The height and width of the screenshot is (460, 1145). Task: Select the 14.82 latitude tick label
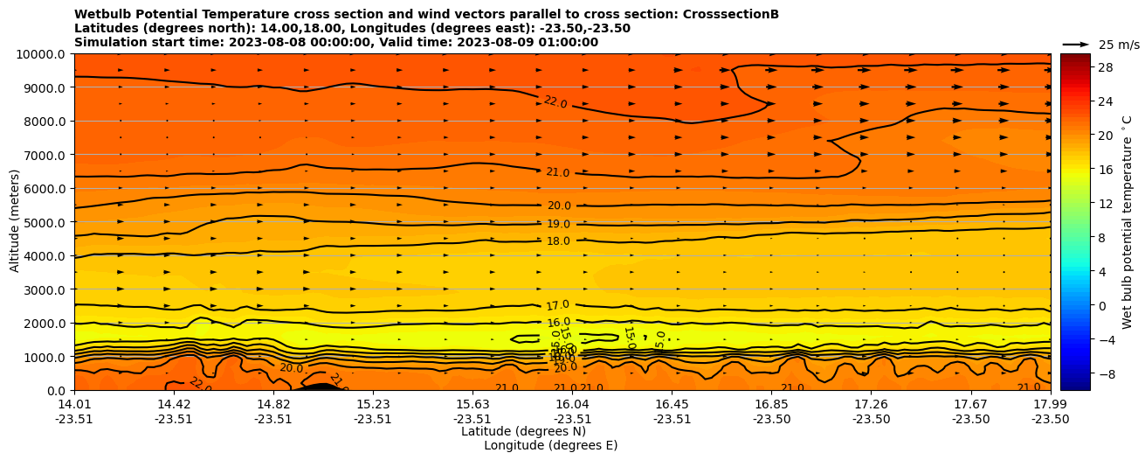(x=273, y=404)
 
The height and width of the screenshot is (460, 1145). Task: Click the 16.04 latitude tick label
(x=572, y=404)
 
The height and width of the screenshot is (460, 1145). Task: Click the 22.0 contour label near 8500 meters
(x=555, y=102)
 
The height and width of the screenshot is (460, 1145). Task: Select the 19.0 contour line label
(x=558, y=225)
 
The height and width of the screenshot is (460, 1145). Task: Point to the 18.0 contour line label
(x=558, y=241)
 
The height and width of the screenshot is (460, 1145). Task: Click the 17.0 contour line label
(x=558, y=305)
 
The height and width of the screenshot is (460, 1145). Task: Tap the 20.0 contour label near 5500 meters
(x=559, y=206)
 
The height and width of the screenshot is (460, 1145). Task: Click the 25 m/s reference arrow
(x=1076, y=45)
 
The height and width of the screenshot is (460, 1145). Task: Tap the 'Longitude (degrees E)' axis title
(x=550, y=445)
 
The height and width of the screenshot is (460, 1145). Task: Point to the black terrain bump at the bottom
(x=321, y=387)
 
